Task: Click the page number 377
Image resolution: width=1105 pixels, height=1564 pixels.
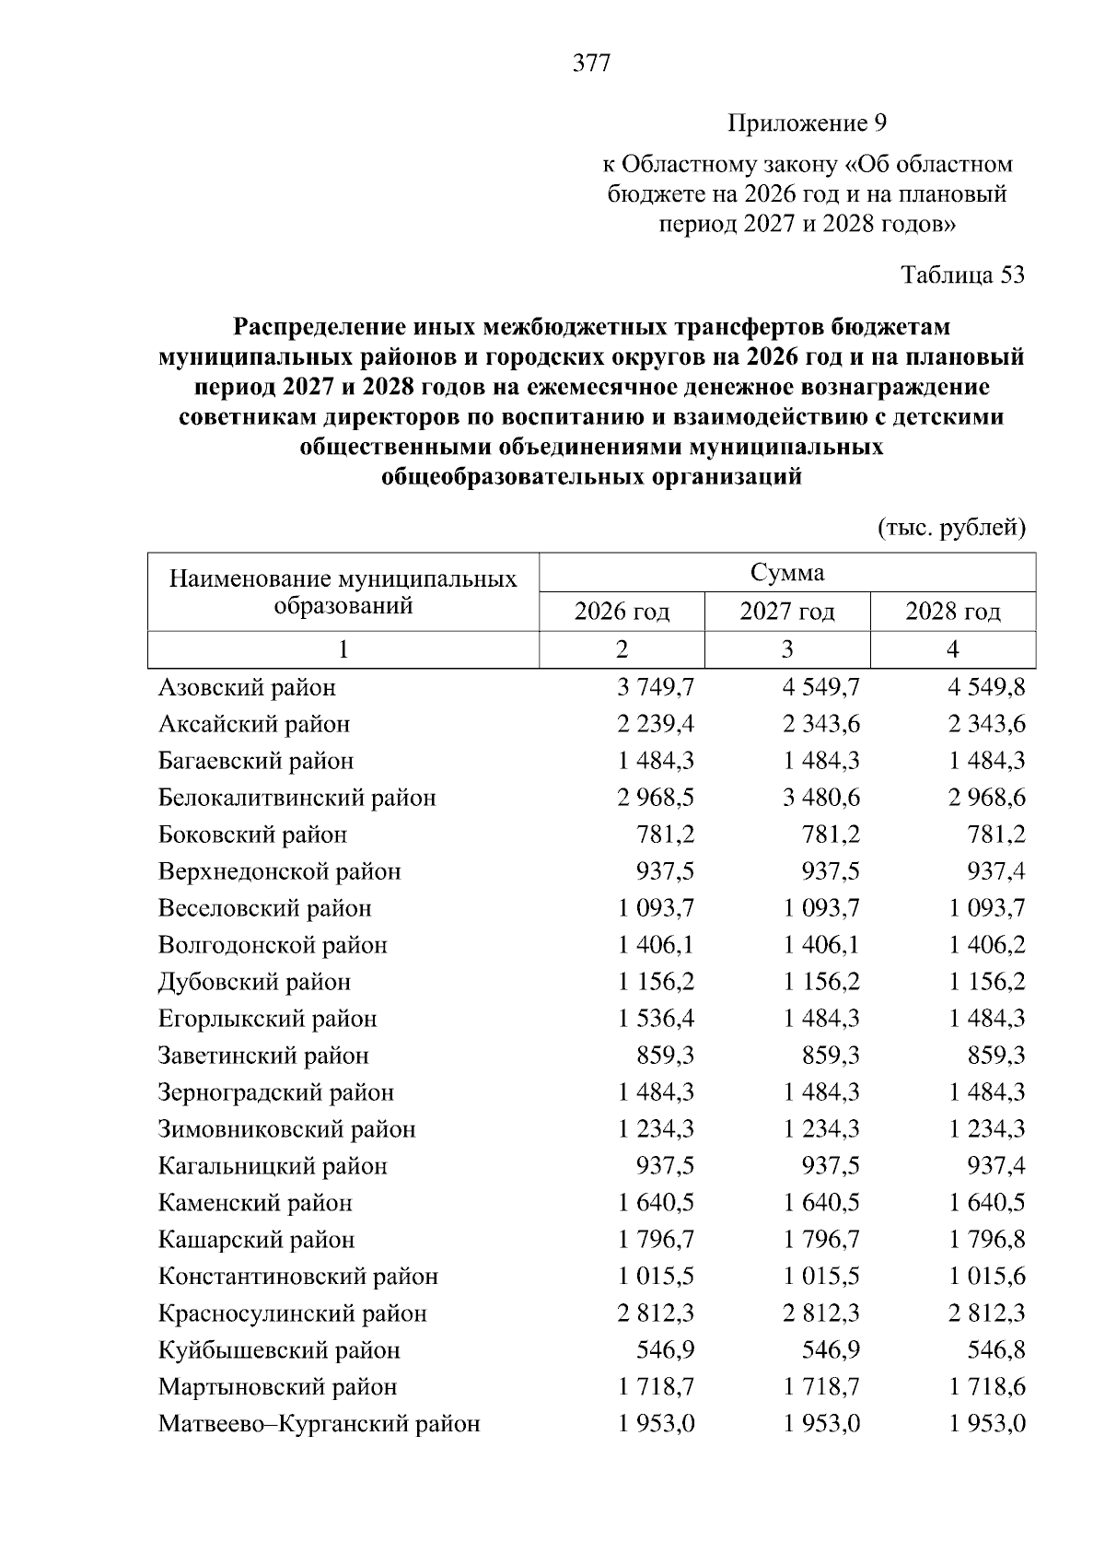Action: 591,64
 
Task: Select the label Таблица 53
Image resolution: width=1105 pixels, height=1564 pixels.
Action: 962,275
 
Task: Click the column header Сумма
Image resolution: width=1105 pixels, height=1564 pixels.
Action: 787,573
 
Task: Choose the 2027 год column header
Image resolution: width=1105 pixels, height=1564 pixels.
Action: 787,612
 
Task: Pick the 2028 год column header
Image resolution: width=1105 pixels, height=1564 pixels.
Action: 953,612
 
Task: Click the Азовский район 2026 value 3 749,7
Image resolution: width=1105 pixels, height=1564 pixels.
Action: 656,687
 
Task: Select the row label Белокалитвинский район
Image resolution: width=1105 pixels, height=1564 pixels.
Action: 297,798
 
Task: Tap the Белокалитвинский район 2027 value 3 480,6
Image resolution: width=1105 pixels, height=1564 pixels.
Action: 821,798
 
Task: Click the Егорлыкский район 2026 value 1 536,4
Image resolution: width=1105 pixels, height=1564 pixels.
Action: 656,1019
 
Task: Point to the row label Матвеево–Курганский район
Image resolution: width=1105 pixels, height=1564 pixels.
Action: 320,1424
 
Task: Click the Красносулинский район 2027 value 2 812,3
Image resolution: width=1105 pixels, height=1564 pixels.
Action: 821,1313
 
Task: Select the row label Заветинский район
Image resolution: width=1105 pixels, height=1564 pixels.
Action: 263,1056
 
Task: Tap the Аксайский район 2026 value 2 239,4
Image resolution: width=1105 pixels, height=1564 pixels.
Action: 656,724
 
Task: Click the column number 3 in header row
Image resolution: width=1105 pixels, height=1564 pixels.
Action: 787,649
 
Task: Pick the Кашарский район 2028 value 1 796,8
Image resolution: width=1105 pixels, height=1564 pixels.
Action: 987,1240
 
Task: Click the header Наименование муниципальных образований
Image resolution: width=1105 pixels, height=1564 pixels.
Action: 343,592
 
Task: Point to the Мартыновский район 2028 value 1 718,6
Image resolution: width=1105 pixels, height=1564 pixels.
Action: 987,1387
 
